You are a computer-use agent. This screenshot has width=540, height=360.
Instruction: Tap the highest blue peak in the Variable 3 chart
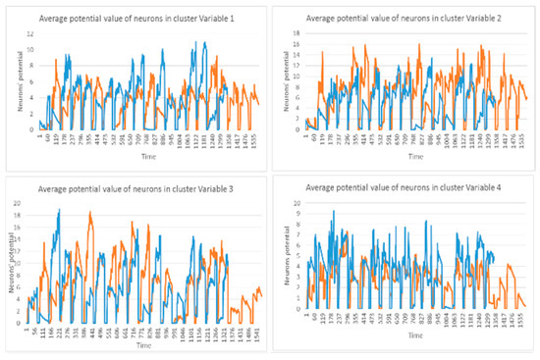pyautogui.click(x=59, y=211)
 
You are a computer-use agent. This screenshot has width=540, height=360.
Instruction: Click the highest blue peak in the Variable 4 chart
pyautogui.click(x=333, y=211)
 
